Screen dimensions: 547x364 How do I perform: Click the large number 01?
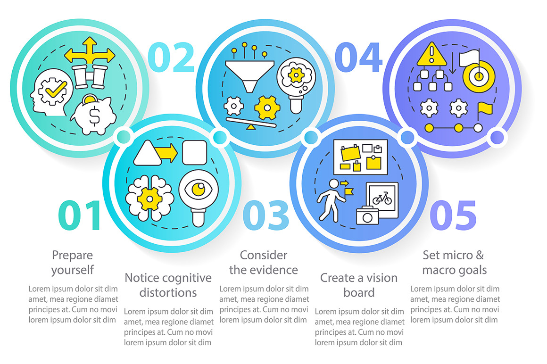coord(79,215)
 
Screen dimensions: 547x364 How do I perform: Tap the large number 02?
coord(171,57)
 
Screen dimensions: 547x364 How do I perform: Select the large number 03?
coord(266,215)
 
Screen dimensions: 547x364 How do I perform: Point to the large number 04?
coord(359,57)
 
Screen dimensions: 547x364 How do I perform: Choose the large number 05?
coord(453,215)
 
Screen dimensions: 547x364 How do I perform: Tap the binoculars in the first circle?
coord(90,76)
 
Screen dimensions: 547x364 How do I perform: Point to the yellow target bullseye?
coord(479,76)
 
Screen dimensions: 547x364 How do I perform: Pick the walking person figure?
coord(331,200)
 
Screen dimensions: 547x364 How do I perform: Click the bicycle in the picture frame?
coord(382,198)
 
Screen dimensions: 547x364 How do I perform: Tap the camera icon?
coord(367,215)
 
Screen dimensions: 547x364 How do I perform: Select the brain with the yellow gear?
coord(149,198)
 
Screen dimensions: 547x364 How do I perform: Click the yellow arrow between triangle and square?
coord(166,153)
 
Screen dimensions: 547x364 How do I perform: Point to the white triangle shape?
coord(147,153)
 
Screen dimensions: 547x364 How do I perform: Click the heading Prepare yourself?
coord(72,263)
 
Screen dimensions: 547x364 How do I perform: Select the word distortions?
coord(168,292)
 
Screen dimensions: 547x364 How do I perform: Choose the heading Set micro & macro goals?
coord(454,262)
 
